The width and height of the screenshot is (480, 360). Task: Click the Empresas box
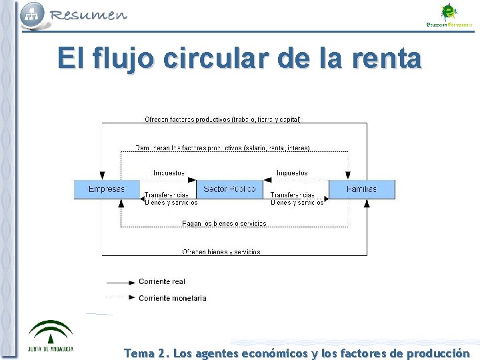coord(107,189)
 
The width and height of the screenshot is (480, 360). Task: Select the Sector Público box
coord(229,189)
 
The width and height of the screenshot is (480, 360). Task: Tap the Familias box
coord(361,189)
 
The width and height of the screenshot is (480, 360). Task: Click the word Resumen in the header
coord(88,15)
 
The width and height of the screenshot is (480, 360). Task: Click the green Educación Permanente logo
coord(449,15)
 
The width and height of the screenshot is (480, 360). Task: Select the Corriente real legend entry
coord(162,281)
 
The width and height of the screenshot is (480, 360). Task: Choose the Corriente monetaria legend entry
coord(172,298)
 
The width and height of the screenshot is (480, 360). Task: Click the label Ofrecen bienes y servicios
coord(221,252)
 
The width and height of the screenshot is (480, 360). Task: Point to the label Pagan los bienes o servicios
coord(224,223)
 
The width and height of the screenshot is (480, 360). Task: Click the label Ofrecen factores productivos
coord(223,120)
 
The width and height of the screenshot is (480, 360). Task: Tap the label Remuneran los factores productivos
coord(223,148)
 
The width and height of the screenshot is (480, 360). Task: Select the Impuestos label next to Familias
coord(292,173)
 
